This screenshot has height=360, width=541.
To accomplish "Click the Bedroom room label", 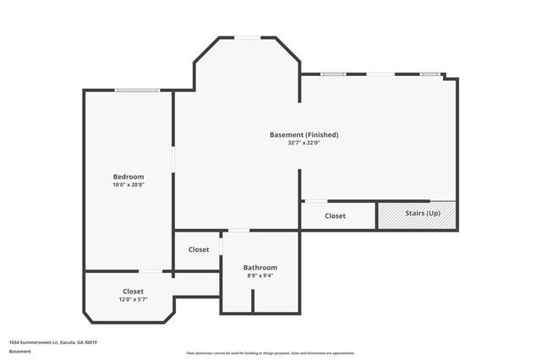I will tap(128, 177).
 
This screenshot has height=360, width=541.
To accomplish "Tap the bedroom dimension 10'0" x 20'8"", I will tap(128, 185).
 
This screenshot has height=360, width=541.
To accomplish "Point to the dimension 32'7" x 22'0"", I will tap(303, 143).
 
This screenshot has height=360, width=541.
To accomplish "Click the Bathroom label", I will tap(260, 267).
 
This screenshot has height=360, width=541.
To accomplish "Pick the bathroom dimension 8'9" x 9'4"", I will tap(260, 275).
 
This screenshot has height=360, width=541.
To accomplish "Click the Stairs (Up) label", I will tap(422, 213).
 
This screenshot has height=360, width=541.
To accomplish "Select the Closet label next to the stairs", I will tap(336, 216).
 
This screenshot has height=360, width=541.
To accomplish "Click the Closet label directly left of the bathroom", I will tap(199, 249).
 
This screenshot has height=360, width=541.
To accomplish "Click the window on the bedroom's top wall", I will tap(138, 90).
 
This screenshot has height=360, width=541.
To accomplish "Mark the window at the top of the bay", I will tap(247, 37).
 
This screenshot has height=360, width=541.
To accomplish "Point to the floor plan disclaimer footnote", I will tap(270, 353).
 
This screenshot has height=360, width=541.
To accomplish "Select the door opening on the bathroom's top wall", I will tap(239, 231).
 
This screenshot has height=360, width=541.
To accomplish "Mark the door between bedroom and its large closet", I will tap(150, 271).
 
